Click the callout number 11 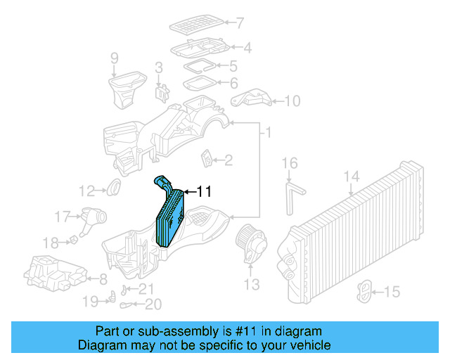click(x=203, y=191)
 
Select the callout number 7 click(x=240, y=22)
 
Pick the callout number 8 click(x=103, y=278)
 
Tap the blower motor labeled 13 click(x=251, y=243)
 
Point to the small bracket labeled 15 click(x=366, y=290)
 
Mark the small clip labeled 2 click(x=207, y=159)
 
